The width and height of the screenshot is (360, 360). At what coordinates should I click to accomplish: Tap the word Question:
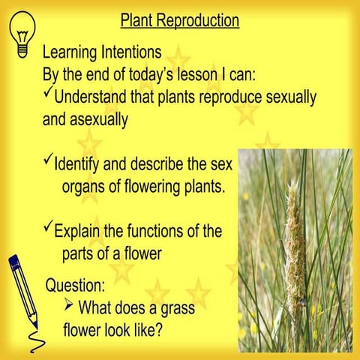tap(75, 285)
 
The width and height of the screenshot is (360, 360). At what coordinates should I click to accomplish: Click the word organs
tap(85, 185)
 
